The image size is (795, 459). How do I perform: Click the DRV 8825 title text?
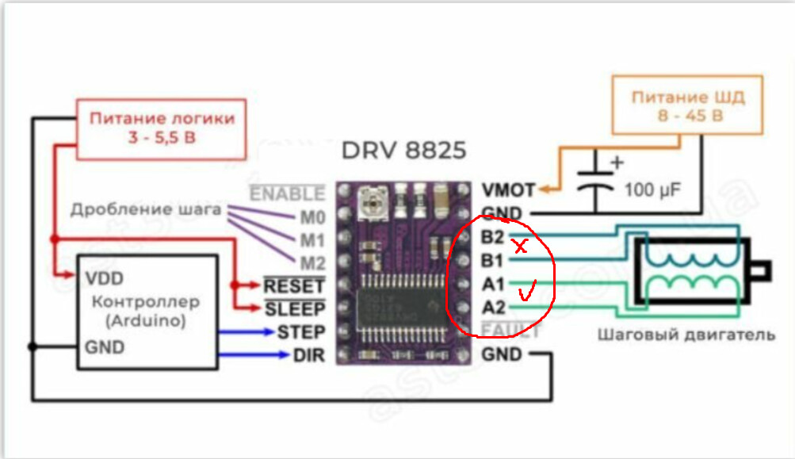tap(404, 151)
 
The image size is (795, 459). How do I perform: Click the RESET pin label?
tap(294, 285)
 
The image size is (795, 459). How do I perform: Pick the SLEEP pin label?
tap(295, 308)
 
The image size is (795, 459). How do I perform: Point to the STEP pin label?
tap(300, 331)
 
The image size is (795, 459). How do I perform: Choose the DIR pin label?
tap(308, 355)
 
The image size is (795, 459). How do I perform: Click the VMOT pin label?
tap(508, 190)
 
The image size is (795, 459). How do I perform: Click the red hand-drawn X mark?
tap(520, 247)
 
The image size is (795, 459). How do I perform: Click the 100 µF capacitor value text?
tap(652, 190)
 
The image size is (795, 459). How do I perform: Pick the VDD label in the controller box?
tap(102, 279)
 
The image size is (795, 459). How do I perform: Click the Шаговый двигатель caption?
tap(686, 335)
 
